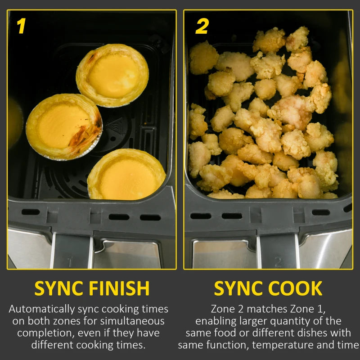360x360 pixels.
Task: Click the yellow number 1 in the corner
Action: (21, 26)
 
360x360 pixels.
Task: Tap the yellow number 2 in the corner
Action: (202, 26)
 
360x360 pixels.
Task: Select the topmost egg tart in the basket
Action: (112, 75)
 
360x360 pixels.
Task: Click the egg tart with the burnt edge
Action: (64, 126)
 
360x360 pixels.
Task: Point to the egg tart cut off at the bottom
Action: (126, 175)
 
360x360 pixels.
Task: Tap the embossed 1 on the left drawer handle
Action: (70, 260)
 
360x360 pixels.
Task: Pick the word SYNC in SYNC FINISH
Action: (54, 288)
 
